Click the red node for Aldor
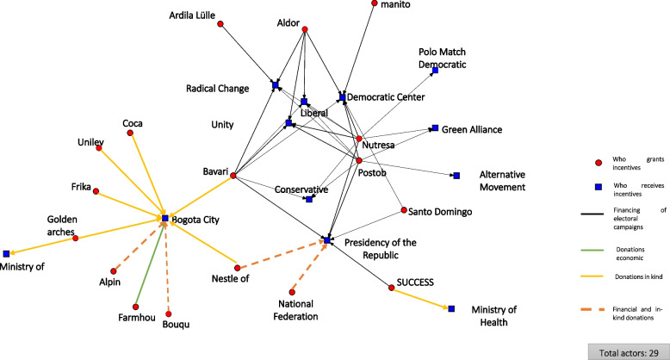tap(305, 30)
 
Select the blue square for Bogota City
tap(164, 219)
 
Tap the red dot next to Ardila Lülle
tap(221, 23)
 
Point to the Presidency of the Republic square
tap(327, 239)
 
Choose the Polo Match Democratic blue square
tap(435, 71)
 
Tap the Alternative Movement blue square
tap(456, 177)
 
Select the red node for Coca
tap(131, 134)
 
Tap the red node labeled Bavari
tap(233, 177)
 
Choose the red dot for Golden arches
tap(76, 238)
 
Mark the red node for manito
tap(374, 4)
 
